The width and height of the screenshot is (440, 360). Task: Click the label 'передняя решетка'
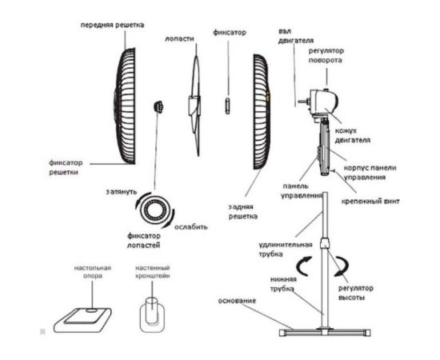(113, 25)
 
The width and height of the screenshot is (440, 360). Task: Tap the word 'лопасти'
(179, 38)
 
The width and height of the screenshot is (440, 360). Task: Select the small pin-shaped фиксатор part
(228, 106)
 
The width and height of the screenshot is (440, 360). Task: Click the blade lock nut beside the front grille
(159, 107)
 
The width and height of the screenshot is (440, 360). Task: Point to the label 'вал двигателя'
(296, 36)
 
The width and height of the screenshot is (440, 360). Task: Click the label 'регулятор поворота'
(326, 55)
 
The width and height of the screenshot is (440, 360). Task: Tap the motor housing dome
(323, 102)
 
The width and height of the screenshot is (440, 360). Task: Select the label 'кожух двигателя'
(353, 135)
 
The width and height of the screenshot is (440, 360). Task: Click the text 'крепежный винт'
(370, 201)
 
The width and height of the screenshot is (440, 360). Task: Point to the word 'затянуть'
(122, 192)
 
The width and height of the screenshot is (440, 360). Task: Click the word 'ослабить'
(191, 227)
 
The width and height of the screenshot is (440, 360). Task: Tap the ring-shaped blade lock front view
(155, 209)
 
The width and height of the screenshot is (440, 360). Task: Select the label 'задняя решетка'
(243, 211)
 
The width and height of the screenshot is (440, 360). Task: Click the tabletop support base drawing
(83, 320)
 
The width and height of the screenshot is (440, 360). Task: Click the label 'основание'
(237, 301)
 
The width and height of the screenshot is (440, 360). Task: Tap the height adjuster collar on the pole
(325, 243)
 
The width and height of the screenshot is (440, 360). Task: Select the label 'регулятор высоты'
(356, 293)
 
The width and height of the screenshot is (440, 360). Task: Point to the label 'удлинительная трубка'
(286, 250)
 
